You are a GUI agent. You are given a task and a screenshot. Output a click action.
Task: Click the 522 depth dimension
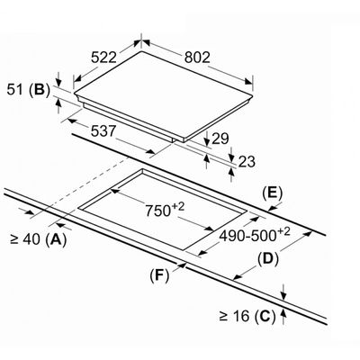tap(103, 58)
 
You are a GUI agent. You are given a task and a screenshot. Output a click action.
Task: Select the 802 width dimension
tap(197, 58)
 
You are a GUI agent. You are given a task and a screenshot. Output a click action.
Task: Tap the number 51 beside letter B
tap(15, 89)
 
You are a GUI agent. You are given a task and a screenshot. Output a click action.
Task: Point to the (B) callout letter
tap(40, 90)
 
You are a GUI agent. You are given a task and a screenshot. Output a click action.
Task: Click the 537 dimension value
tap(103, 130)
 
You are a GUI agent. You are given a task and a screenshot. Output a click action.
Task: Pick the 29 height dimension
tap(220, 139)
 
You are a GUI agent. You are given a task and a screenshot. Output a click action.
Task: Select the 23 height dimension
tap(247, 162)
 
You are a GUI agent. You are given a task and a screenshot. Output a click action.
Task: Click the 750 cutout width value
tap(157, 211)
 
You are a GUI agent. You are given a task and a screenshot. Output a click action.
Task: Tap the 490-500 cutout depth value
tap(247, 236)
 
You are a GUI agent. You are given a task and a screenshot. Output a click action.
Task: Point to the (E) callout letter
tap(273, 193)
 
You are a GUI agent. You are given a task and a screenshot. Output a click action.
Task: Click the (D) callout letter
tap(268, 259)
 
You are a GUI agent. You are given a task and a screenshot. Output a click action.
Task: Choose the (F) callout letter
tap(159, 275)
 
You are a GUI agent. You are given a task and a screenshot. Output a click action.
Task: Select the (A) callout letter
tap(56, 239)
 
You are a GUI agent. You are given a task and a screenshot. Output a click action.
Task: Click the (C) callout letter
tap(265, 317)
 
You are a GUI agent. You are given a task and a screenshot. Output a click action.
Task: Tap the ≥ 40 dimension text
tap(25, 239)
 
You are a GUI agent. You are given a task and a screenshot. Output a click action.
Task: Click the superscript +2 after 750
tap(177, 206)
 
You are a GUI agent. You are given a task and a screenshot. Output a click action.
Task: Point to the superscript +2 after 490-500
tap(283, 232)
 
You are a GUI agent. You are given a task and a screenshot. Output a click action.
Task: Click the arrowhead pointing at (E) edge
tap(273, 208)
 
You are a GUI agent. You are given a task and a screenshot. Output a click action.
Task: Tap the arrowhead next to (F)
tap(182, 265)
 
